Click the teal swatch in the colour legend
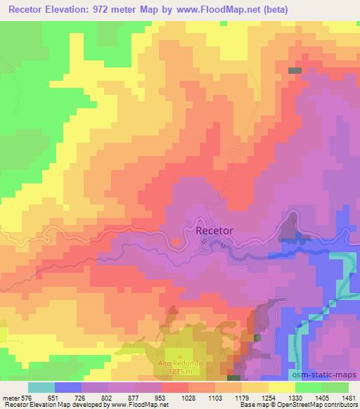pos(41,387)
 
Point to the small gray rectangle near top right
pos(295,71)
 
